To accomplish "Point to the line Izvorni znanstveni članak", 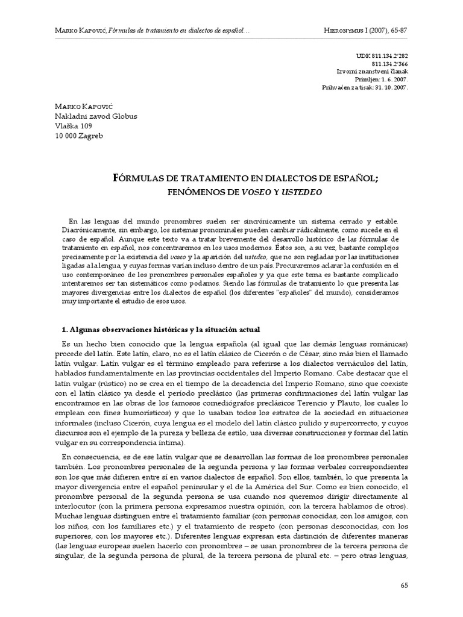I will coord(373,71).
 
